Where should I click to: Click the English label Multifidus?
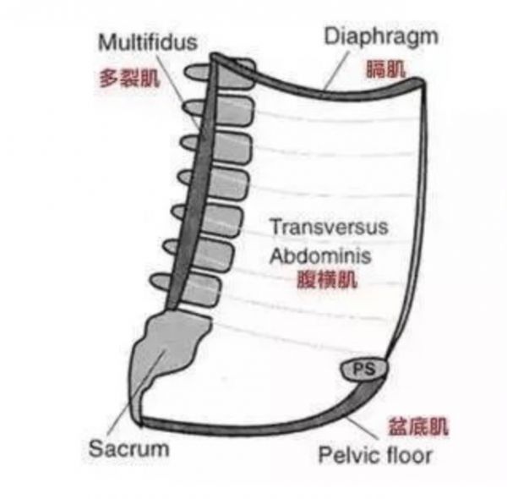(148, 42)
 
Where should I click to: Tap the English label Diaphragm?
(381, 37)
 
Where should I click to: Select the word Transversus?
(330, 227)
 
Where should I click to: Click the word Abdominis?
(320, 255)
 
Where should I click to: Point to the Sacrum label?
(128, 448)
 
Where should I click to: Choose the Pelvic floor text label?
(375, 455)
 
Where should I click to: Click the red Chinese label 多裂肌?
(129, 78)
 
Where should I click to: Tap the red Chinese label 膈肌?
(385, 69)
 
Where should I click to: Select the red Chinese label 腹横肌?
(327, 279)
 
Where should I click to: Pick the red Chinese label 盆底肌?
(418, 426)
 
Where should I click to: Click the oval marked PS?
(363, 370)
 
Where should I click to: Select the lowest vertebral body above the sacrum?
(202, 289)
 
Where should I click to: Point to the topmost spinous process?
(196, 72)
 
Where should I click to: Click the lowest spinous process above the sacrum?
(160, 282)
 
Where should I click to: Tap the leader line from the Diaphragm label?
(337, 70)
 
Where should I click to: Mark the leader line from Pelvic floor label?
(363, 428)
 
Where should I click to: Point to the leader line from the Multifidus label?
(178, 92)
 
